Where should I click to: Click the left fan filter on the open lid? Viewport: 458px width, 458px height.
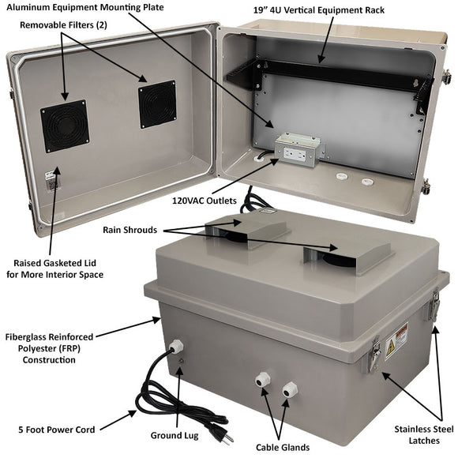[65, 126]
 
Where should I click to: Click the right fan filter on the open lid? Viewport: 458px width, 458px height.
[157, 106]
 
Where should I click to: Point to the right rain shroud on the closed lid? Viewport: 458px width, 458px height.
[347, 255]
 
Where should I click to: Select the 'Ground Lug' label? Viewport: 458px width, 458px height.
[176, 435]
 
